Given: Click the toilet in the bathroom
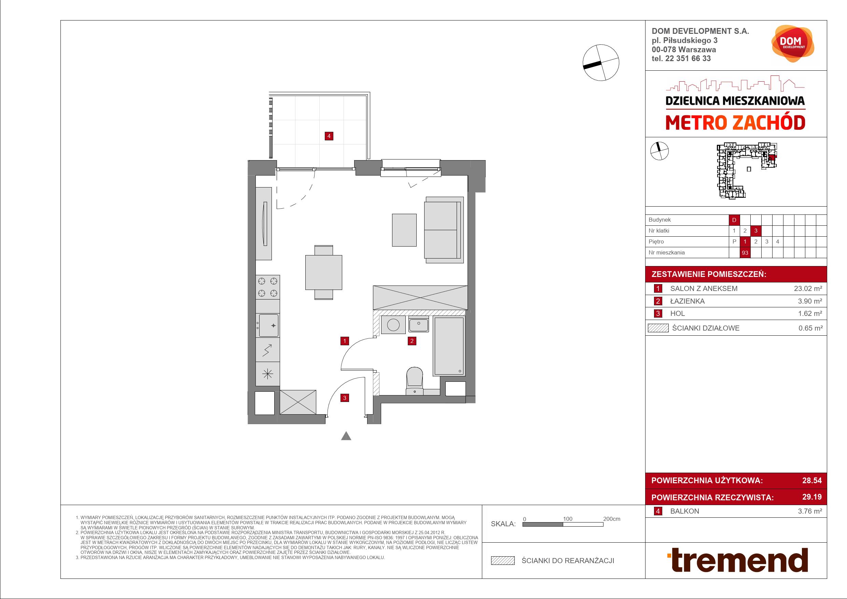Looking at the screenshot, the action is pyautogui.click(x=415, y=381).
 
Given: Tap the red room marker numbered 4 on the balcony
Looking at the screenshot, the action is pyautogui.click(x=329, y=136).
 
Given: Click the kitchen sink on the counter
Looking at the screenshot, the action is pyautogui.click(x=268, y=325).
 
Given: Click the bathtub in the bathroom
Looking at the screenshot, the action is pyautogui.click(x=448, y=346).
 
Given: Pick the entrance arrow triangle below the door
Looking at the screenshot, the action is pyautogui.click(x=346, y=436).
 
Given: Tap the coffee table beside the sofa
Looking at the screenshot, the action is pyautogui.click(x=404, y=230).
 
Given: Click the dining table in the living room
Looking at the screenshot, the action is pyautogui.click(x=323, y=272).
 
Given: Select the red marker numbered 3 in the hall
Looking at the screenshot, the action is pyautogui.click(x=345, y=398).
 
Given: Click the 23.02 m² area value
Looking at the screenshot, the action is pyautogui.click(x=808, y=289).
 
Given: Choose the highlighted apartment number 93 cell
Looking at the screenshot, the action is pyautogui.click(x=745, y=253).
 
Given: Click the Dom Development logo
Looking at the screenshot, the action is pyautogui.click(x=792, y=43).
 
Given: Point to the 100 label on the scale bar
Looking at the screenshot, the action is pyautogui.click(x=567, y=519).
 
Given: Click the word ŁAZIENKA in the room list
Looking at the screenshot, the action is pyautogui.click(x=687, y=301).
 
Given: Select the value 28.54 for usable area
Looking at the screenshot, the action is pyautogui.click(x=812, y=480).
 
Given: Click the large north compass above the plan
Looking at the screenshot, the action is pyautogui.click(x=600, y=63).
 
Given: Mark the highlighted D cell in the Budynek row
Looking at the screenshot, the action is pyautogui.click(x=734, y=220).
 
